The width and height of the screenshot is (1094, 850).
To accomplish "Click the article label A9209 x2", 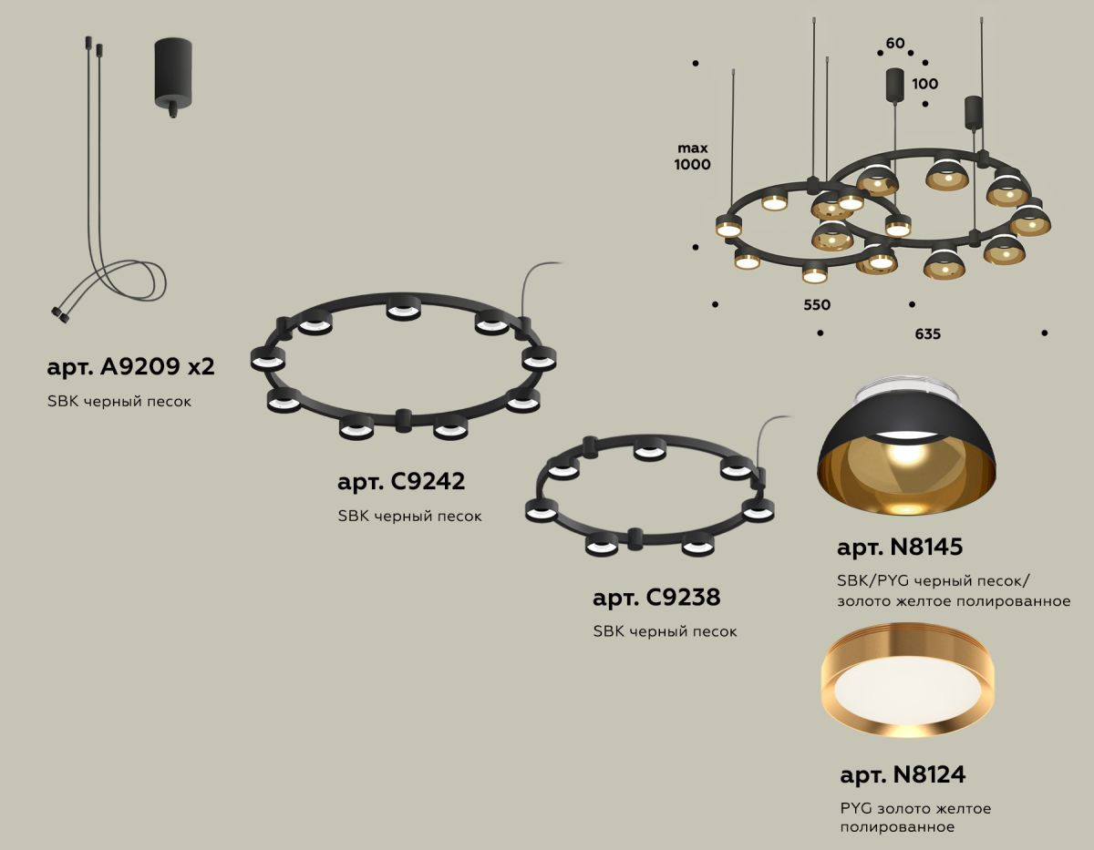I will [129, 367].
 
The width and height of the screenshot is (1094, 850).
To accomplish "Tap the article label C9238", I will [656, 598].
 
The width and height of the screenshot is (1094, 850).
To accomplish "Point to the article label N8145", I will [900, 548].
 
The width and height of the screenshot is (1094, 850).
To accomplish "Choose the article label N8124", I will [903, 775].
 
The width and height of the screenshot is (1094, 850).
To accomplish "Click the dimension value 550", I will [817, 305].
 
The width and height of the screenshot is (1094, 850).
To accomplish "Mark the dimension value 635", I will [927, 334].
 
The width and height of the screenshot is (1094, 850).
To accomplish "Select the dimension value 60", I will [895, 44].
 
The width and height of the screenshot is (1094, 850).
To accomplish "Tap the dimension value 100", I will [924, 84].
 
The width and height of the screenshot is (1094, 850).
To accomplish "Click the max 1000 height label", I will [693, 156].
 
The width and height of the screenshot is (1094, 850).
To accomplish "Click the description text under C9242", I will [409, 516].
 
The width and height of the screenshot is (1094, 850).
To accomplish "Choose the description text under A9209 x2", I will [119, 401].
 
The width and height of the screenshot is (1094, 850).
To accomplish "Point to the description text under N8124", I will [914, 817].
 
